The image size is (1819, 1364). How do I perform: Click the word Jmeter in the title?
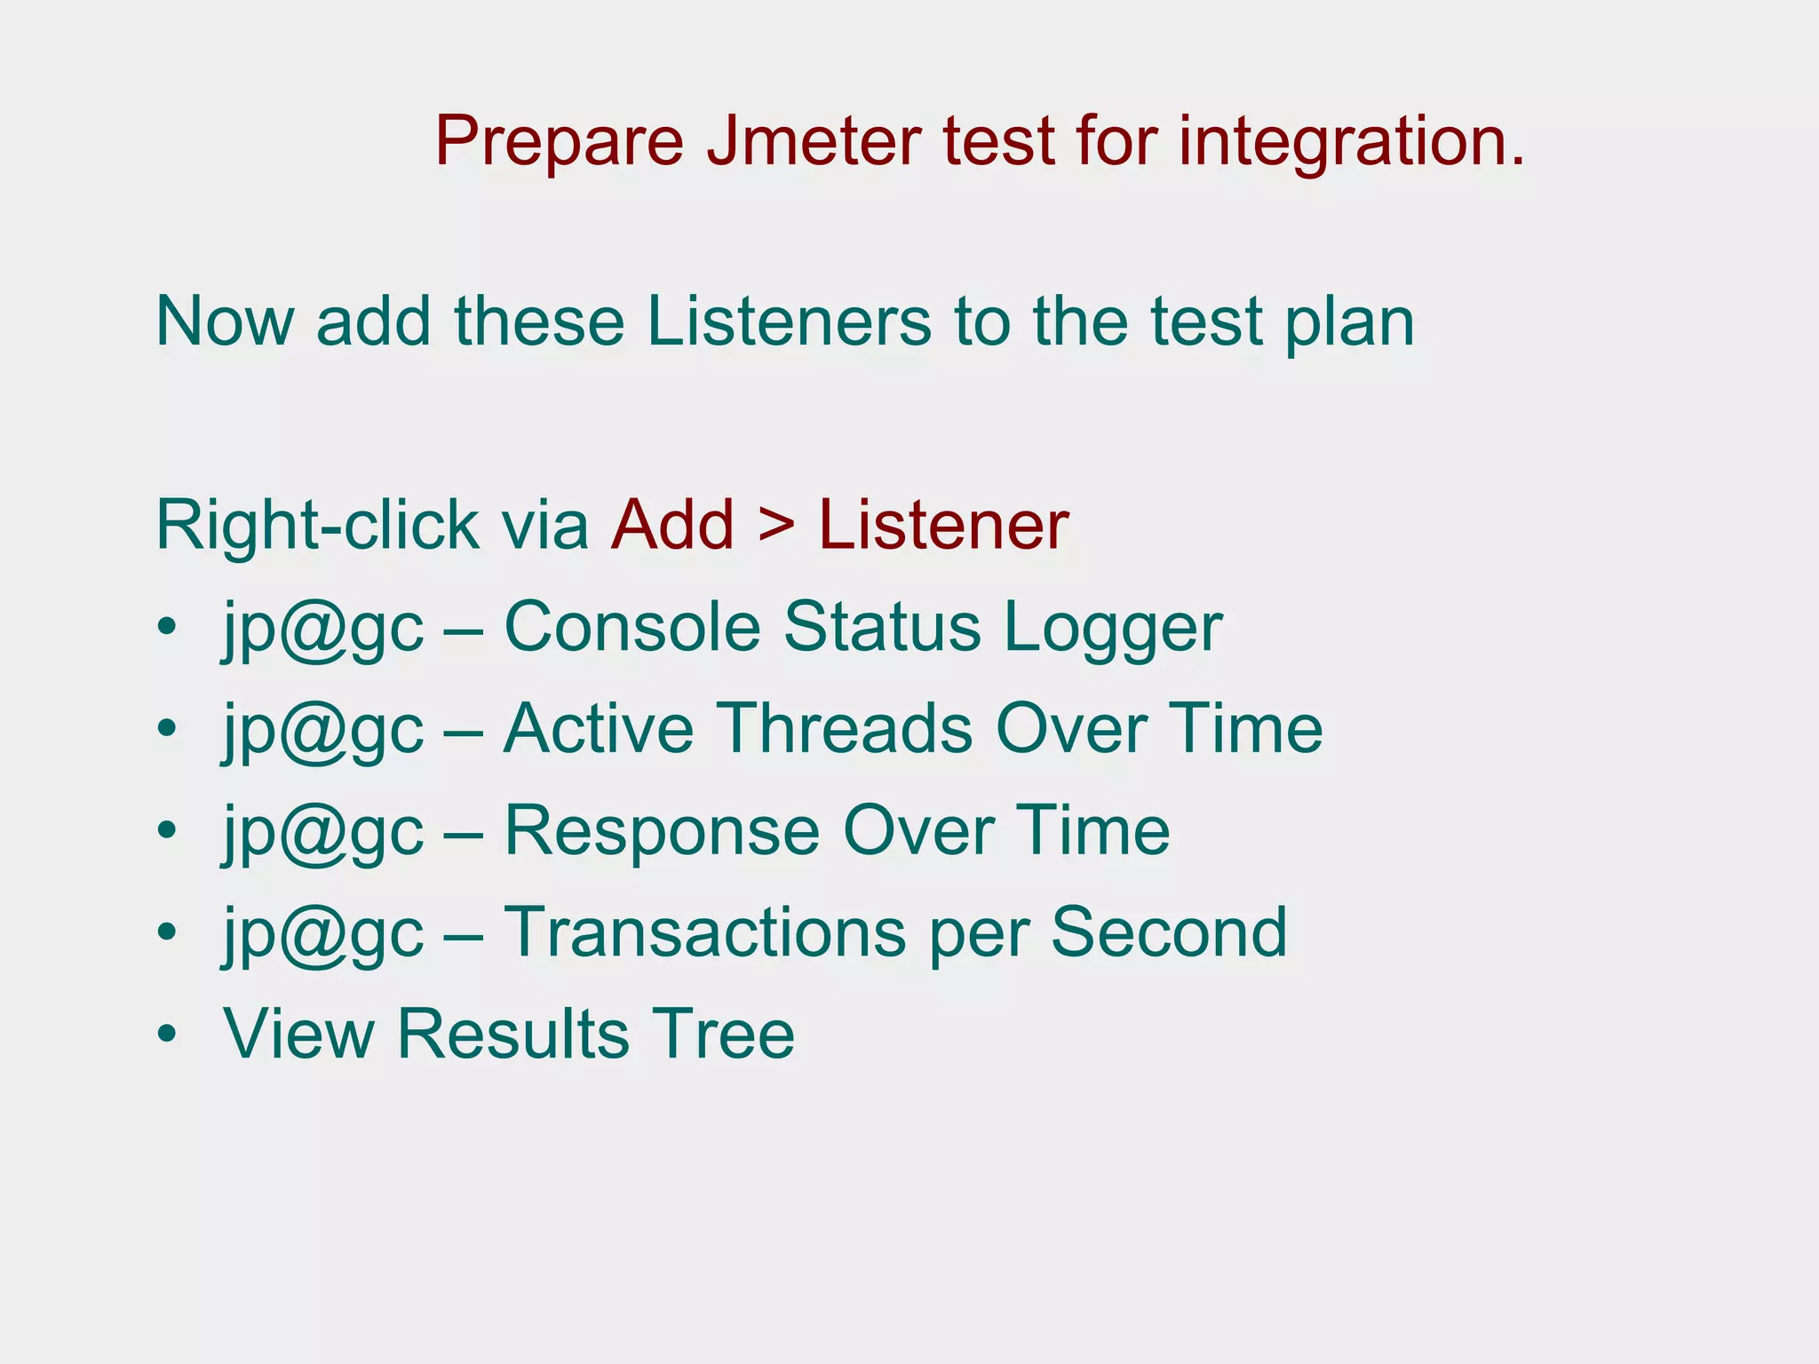(814, 142)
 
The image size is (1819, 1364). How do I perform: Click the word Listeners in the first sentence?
(789, 321)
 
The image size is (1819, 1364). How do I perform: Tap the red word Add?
(672, 526)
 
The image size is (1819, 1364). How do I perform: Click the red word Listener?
(943, 526)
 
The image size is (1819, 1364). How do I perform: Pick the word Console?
(632, 627)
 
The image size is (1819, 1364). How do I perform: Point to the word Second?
(1169, 932)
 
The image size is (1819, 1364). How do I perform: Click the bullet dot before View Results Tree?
(166, 1035)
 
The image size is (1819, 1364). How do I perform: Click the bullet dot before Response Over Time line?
(166, 831)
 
